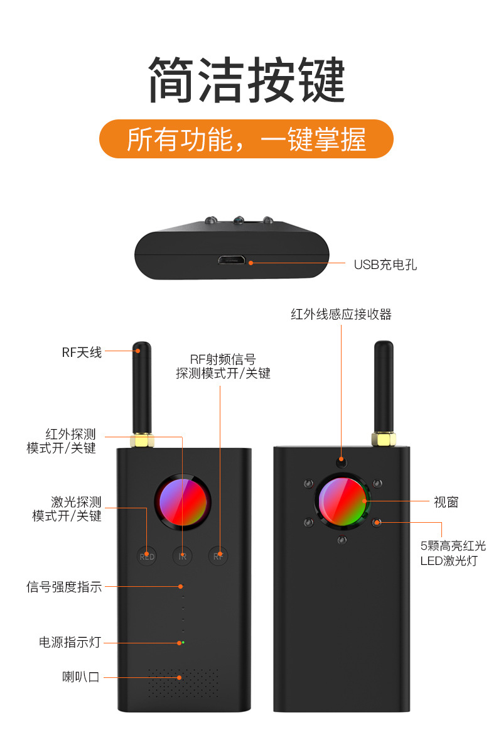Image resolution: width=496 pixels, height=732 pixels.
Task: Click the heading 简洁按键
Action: (x=247, y=80)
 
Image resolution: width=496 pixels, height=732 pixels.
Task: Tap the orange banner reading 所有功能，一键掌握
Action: (x=247, y=139)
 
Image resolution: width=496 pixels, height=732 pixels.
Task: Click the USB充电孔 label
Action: (x=385, y=265)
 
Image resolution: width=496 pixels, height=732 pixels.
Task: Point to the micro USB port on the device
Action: (x=232, y=260)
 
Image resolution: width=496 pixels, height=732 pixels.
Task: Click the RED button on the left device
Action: (x=147, y=556)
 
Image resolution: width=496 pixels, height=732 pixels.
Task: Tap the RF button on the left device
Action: (x=218, y=556)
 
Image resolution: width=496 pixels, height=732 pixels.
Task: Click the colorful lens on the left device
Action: (x=183, y=503)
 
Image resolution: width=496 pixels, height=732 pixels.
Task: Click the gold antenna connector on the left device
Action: (x=143, y=440)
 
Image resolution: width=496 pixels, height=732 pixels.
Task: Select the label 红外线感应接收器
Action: (x=341, y=314)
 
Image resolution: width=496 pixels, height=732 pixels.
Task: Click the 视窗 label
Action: (x=446, y=501)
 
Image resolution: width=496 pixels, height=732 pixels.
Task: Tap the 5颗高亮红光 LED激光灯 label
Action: (x=453, y=553)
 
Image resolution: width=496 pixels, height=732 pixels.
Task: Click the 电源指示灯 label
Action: (x=70, y=642)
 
